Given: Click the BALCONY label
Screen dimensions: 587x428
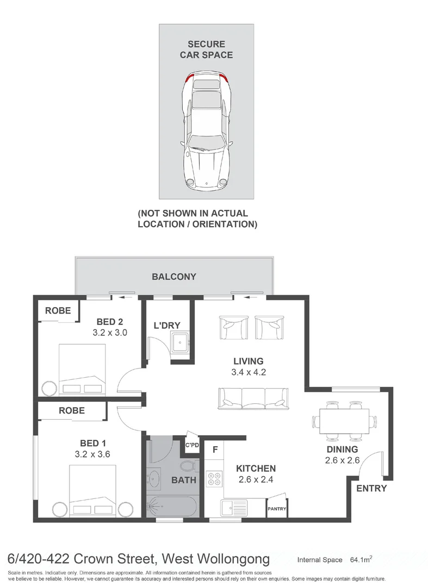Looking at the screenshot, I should [x=173, y=277].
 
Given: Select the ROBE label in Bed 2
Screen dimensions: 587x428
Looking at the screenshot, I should [x=58, y=311].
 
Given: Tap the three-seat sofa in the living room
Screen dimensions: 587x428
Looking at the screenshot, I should [x=253, y=398].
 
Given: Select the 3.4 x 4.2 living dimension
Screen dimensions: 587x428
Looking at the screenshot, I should [x=248, y=372].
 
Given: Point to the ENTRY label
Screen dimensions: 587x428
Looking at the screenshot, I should [x=371, y=488].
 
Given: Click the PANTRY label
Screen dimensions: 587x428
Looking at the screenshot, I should [x=276, y=509].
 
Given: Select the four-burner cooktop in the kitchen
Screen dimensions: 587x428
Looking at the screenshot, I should [x=214, y=477].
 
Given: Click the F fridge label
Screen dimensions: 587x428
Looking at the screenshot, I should [x=215, y=449].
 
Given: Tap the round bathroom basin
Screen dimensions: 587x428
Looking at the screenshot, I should [x=153, y=479].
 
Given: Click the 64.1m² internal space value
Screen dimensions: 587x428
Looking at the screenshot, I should [x=360, y=559].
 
